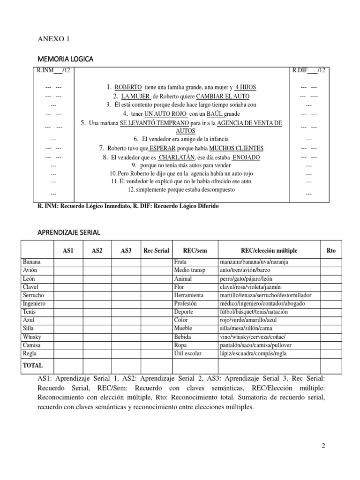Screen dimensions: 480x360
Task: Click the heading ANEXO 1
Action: point(53,39)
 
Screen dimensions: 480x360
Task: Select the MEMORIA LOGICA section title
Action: point(65,59)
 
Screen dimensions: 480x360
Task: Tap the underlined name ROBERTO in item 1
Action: point(128,87)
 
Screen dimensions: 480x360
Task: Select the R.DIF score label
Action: point(308,71)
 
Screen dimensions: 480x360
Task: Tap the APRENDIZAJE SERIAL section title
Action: point(68,232)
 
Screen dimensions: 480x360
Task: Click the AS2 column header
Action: point(97,251)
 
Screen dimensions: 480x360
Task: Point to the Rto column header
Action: point(331,251)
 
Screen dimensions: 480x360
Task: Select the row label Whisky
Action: point(31,337)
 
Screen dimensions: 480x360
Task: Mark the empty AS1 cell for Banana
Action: point(68,262)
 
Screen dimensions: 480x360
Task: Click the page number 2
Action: point(323,446)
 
